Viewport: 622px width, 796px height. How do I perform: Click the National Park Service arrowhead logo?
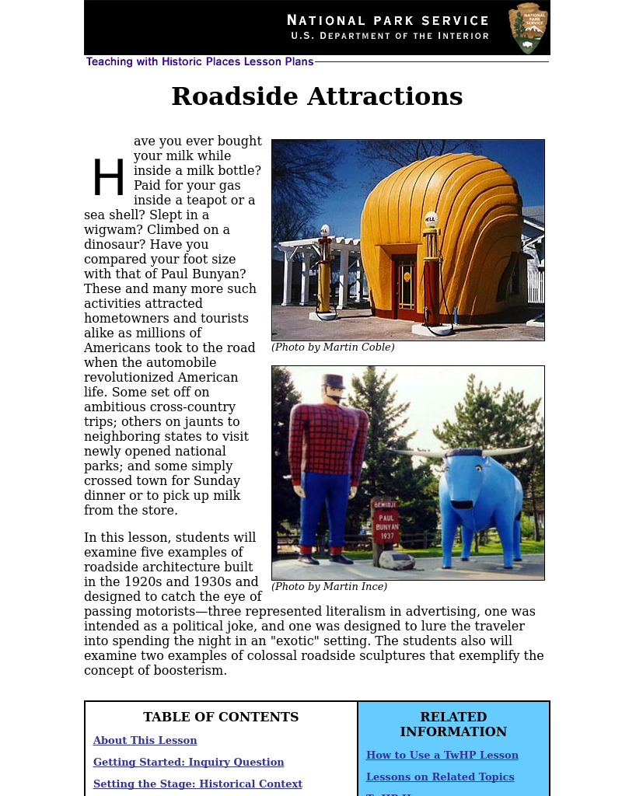point(529,28)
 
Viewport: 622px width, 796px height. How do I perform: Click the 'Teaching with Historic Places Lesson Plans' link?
point(200,62)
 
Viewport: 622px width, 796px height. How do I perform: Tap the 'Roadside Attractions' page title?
point(316,97)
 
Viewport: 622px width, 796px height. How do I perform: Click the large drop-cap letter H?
point(108,179)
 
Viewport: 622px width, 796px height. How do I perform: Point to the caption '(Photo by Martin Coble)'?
point(333,347)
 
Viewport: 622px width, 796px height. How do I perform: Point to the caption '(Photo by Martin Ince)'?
point(329,587)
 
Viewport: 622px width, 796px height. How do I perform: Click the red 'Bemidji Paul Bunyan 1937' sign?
point(386,526)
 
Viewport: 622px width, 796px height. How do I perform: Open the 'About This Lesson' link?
point(145,741)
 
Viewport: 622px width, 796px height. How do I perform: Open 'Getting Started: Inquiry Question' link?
point(188,763)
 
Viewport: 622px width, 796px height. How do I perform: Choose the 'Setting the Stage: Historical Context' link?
point(197,784)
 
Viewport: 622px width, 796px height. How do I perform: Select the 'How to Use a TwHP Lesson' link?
point(442,756)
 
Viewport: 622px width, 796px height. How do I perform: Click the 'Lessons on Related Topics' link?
point(440,777)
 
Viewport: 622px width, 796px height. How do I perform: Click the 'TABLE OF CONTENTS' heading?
point(221,717)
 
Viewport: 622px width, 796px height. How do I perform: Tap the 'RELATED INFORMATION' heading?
point(453,724)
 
